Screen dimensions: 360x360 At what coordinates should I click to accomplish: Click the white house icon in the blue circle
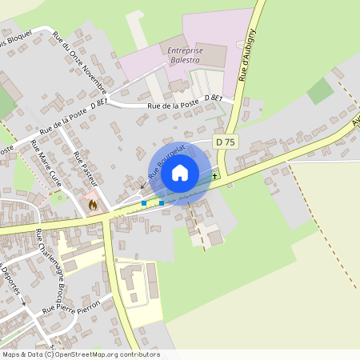click(180, 173)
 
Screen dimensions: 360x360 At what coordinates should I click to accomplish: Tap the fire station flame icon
click(93, 204)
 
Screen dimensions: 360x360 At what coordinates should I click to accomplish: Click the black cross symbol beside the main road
click(214, 175)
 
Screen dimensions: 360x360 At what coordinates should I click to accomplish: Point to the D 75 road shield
click(226, 142)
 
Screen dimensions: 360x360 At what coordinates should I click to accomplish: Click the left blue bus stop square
click(144, 203)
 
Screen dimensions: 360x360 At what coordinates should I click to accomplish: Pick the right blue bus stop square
click(162, 202)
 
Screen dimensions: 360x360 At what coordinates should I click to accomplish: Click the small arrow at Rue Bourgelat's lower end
click(142, 186)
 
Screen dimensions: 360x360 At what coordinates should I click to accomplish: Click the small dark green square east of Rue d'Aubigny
click(320, 91)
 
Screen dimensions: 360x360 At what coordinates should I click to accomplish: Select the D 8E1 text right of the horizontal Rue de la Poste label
click(212, 98)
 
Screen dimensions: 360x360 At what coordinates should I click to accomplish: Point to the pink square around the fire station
click(93, 199)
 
